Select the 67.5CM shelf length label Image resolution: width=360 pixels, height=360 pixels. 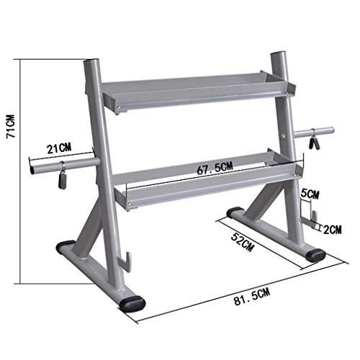tap(215, 168)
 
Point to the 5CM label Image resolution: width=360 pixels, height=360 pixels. tap(308, 194)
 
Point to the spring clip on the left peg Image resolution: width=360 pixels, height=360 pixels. tap(61, 175)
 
